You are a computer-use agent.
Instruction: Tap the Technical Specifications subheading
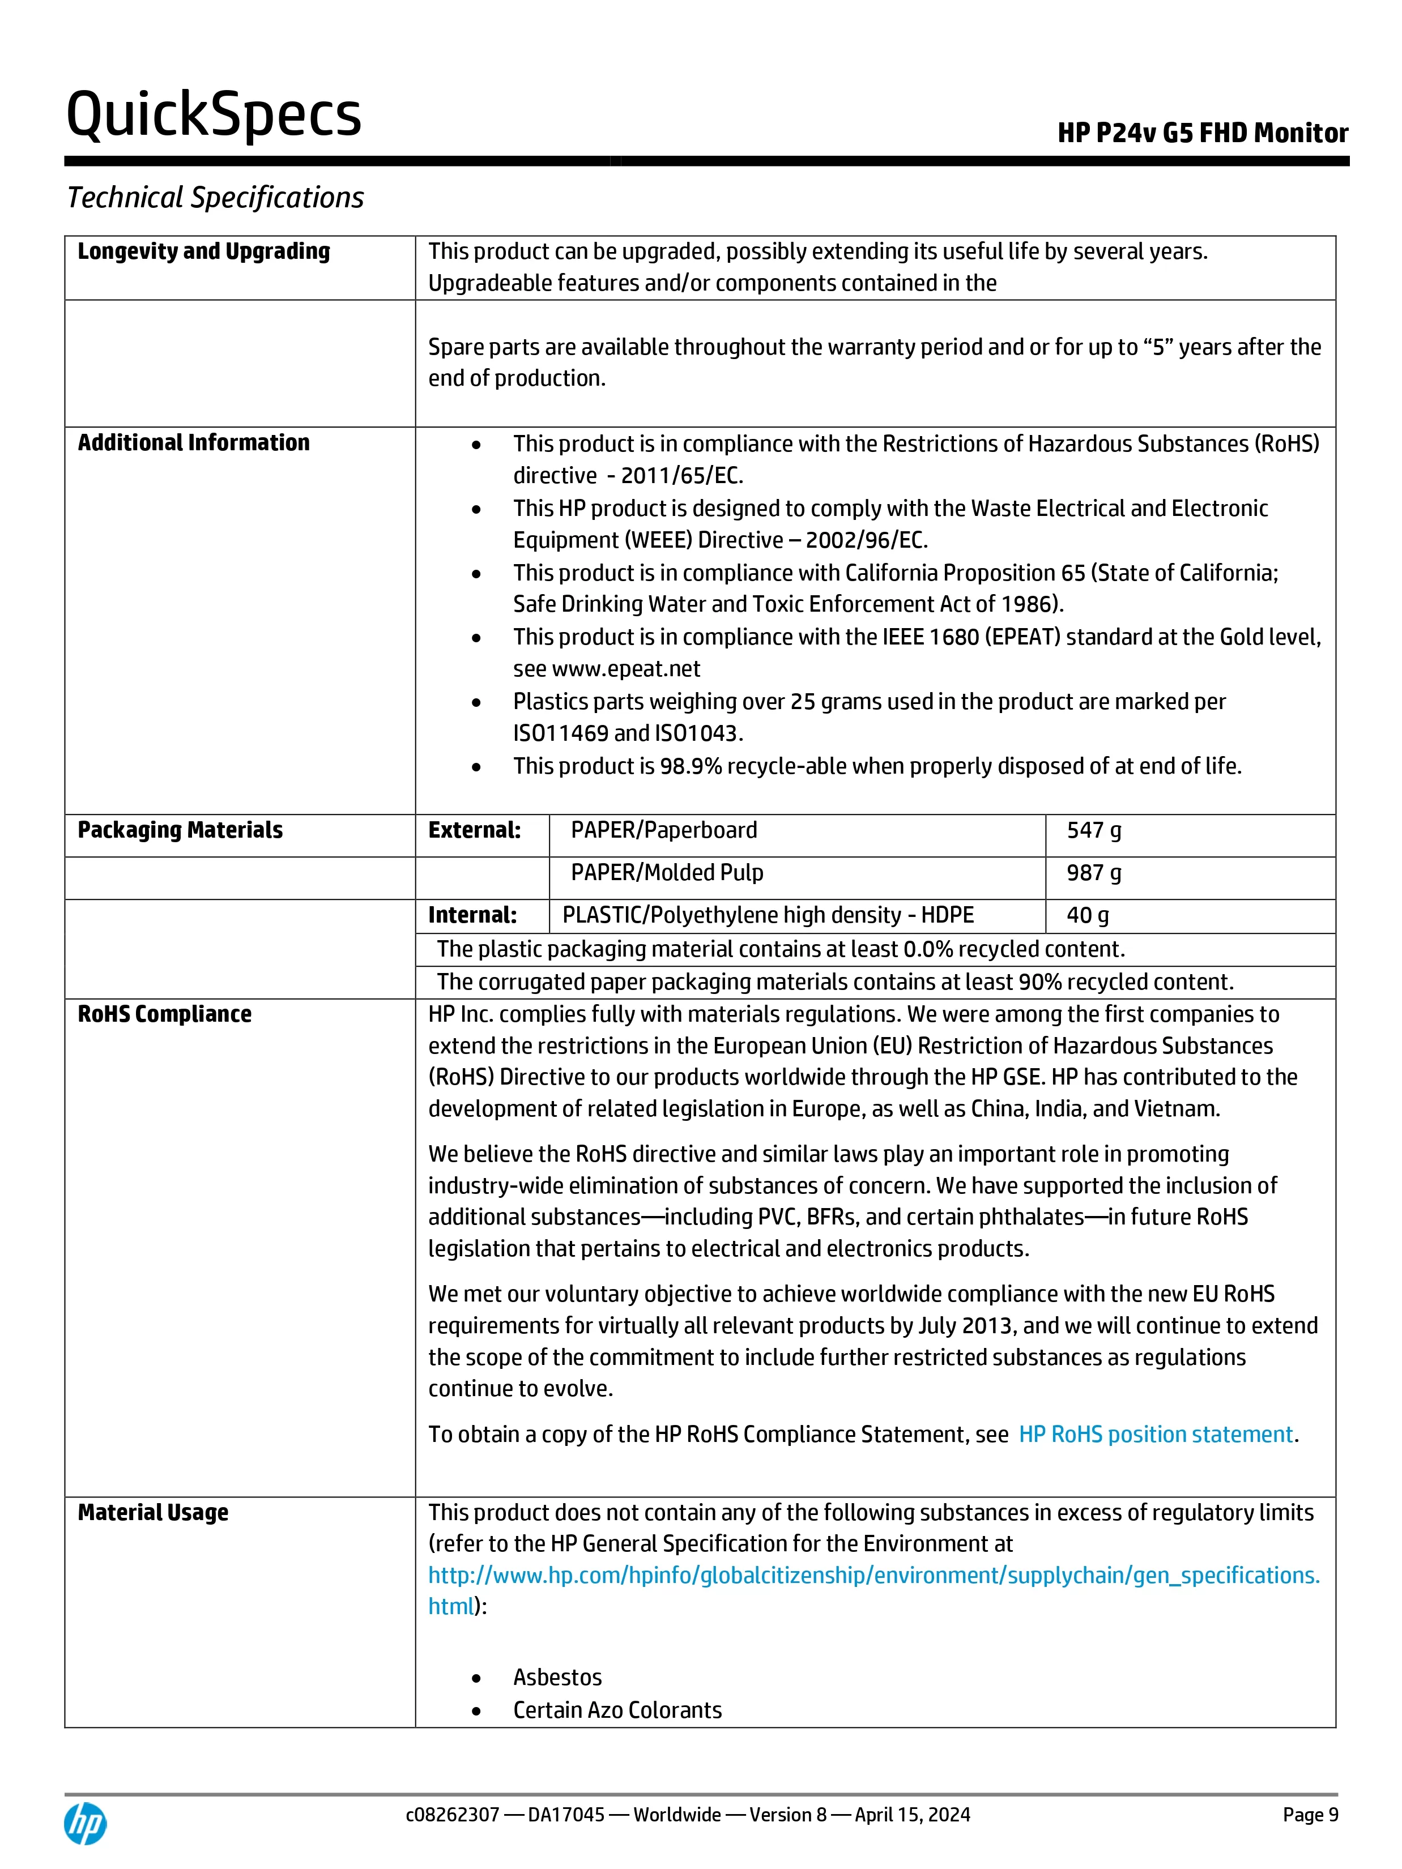coord(215,198)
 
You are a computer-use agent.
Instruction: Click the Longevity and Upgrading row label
coord(204,252)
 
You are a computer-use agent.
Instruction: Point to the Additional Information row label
coord(194,443)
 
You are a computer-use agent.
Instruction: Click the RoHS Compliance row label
coord(165,1014)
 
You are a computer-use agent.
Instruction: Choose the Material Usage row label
coord(153,1512)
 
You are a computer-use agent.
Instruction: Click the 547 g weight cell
coord(1093,831)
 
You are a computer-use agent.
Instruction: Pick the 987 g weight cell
coord(1093,873)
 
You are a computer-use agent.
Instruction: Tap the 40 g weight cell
coord(1088,915)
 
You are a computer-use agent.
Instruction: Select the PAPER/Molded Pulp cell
coord(667,873)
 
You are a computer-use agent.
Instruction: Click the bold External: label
coord(474,831)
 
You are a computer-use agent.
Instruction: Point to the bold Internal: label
coord(472,915)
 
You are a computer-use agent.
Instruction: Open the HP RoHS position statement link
coord(1155,1435)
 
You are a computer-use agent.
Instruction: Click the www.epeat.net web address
coord(625,669)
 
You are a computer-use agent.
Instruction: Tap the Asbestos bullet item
coord(557,1677)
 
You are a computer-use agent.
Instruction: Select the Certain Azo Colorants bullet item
coord(617,1710)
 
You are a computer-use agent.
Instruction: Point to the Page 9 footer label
coord(1310,1815)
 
